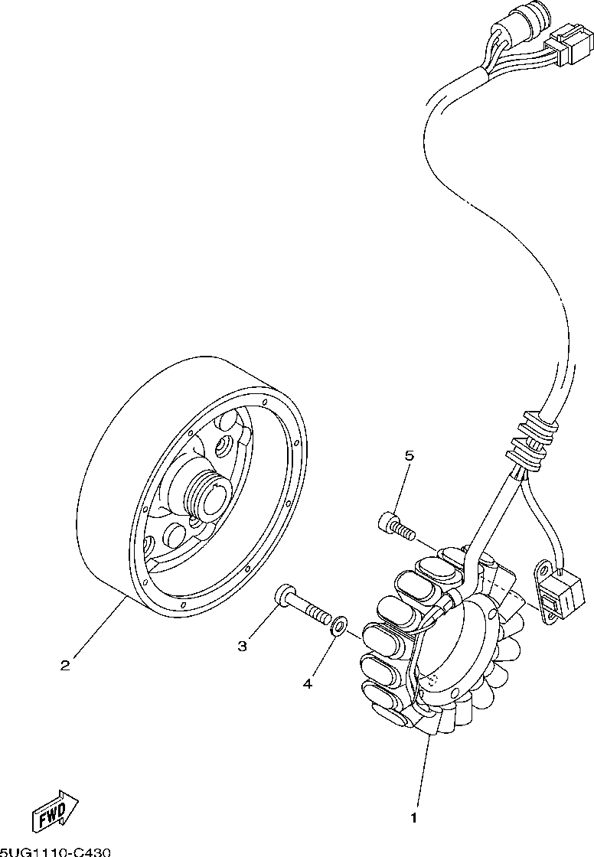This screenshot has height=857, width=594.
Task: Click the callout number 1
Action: pyautogui.click(x=413, y=818)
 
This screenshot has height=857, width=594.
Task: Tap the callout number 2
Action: pyautogui.click(x=65, y=665)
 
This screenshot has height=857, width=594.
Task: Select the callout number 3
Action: pyautogui.click(x=242, y=647)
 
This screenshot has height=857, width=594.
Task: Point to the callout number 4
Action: pyautogui.click(x=307, y=683)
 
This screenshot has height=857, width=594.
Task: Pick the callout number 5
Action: pyautogui.click(x=410, y=456)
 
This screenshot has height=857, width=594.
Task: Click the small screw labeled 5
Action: pyautogui.click(x=395, y=526)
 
